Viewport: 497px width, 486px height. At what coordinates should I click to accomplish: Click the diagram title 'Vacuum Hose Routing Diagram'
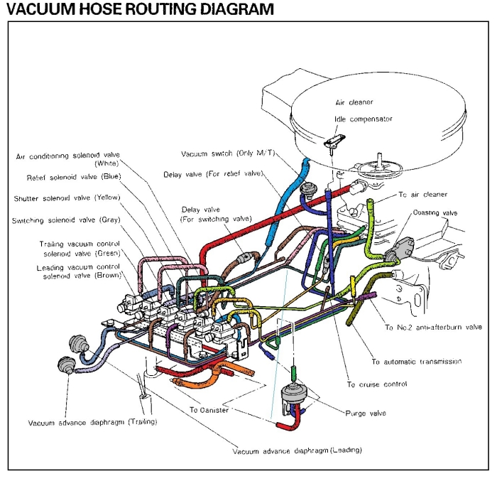pyautogui.click(x=140, y=9)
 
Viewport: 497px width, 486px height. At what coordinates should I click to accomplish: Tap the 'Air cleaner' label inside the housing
pyautogui.click(x=354, y=102)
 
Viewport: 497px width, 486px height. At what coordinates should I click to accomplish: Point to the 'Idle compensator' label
pyautogui.click(x=364, y=119)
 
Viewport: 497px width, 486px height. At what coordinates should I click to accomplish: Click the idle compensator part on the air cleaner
pyautogui.click(x=334, y=141)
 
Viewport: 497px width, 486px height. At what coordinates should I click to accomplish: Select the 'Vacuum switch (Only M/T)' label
pyautogui.click(x=228, y=153)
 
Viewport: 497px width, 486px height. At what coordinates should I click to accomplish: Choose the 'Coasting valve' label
pyautogui.click(x=435, y=212)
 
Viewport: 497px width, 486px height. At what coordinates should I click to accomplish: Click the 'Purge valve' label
pyautogui.click(x=366, y=413)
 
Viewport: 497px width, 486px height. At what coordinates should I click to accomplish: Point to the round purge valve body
pyautogui.click(x=294, y=394)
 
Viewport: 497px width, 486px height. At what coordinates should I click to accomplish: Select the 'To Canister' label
pyautogui.click(x=209, y=410)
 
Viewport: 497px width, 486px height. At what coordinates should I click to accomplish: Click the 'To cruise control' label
pyautogui.click(x=377, y=384)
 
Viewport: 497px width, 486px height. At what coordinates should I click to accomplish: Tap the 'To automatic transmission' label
pyautogui.click(x=417, y=362)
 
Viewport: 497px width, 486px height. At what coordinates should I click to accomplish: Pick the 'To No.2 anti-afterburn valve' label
pyautogui.click(x=433, y=327)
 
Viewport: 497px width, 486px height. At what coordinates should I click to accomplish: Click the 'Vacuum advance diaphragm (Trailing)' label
pyautogui.click(x=92, y=422)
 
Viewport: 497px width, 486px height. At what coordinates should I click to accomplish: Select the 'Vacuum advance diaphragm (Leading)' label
pyautogui.click(x=297, y=450)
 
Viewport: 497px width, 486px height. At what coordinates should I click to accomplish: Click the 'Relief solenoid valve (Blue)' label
pyautogui.click(x=74, y=177)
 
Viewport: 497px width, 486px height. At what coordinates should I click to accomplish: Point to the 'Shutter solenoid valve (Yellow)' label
pyautogui.click(x=67, y=198)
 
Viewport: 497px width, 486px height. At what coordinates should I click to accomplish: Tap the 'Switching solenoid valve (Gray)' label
pyautogui.click(x=66, y=220)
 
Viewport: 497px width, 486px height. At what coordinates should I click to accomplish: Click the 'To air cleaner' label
pyautogui.click(x=423, y=195)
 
